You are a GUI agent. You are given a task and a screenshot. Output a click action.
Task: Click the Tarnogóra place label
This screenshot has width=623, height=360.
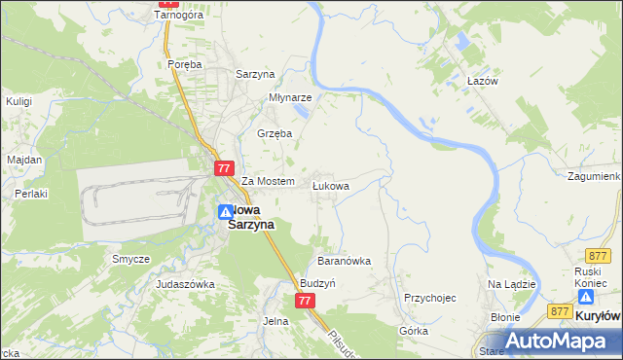tap(176, 17)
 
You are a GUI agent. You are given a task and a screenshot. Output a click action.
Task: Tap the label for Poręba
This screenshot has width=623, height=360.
tap(184, 64)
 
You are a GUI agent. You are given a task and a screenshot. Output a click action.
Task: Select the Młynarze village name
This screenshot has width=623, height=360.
tap(290, 97)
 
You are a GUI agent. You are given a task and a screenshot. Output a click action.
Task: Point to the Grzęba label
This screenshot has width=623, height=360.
tap(274, 133)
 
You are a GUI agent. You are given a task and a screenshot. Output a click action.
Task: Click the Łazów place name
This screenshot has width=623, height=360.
tap(482, 81)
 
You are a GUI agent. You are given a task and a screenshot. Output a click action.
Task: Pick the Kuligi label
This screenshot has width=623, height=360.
tap(19, 100)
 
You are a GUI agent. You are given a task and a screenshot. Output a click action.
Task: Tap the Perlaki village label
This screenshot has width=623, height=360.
tap(31, 194)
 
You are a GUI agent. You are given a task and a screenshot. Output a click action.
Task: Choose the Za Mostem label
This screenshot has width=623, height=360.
tap(268, 182)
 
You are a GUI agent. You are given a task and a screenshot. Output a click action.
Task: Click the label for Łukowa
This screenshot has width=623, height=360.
tap(331, 185)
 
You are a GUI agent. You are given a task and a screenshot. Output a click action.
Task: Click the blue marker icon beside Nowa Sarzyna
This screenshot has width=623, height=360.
tap(225, 211)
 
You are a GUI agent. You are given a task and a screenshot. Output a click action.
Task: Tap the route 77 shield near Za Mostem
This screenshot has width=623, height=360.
tap(224, 168)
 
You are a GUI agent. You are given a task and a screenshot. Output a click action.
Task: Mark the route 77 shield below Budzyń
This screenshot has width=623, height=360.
tap(305, 301)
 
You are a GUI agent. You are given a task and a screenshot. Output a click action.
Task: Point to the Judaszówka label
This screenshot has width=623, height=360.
tap(185, 284)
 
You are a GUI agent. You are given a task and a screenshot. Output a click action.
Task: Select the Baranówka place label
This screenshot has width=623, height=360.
tap(345, 261)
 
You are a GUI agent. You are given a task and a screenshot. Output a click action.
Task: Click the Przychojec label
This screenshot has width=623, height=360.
tap(430, 298)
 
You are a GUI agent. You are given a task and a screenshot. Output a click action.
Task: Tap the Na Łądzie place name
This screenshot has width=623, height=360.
tap(512, 283)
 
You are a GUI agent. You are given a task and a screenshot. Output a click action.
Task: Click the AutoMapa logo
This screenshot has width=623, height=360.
tap(556, 341)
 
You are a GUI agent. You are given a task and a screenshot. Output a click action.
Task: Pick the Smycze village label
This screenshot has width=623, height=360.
tap(130, 259)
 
